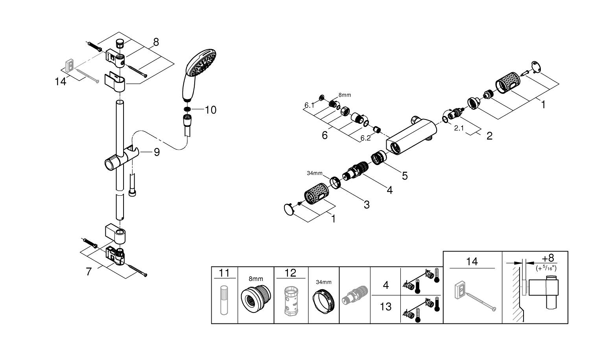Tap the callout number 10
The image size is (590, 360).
(211, 110)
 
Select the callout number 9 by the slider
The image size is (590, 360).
(157, 152)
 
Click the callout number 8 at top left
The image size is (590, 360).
(156, 42)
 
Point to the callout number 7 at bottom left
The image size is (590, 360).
(88, 271)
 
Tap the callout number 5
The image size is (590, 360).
(404, 176)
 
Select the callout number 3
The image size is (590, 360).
(366, 204)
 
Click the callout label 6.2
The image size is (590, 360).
(365, 138)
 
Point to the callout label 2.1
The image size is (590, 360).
(459, 128)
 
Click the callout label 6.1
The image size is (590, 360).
(309, 105)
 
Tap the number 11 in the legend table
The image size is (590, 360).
(224, 273)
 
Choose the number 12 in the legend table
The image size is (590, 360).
(290, 273)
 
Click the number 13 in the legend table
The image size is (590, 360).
(385, 306)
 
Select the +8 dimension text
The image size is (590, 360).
(548, 258)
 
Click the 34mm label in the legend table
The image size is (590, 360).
(324, 282)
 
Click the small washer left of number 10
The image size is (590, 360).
(188, 109)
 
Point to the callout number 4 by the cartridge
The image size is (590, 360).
(389, 190)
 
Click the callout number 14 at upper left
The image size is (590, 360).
(61, 82)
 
